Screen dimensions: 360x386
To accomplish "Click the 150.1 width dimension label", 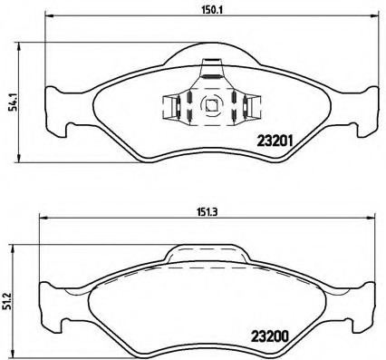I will click(x=210, y=10).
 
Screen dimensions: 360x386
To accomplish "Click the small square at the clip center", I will click(x=210, y=104).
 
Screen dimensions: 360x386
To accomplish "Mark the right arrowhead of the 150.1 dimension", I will click(x=376, y=18).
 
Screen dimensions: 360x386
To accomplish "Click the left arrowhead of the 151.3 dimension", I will click(x=42, y=223).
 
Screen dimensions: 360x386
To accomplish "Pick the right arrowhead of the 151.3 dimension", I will click(x=374, y=223).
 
